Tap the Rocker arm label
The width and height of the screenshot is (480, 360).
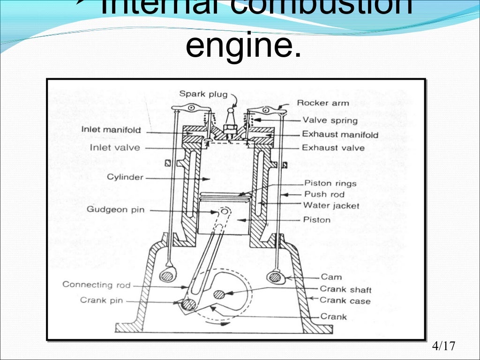coord(322,103)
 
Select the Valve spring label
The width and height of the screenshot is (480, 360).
coord(330,120)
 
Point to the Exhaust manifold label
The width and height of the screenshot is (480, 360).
coord(340,135)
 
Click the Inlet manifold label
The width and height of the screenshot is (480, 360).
coord(111,130)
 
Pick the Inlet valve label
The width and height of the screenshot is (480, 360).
coord(115,148)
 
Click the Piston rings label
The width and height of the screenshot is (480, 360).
coord(330,183)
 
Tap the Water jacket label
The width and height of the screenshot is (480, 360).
coord(331,205)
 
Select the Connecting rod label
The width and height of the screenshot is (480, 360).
coord(97,285)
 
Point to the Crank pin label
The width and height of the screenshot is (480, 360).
coord(101,300)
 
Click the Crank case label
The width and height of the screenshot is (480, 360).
coord(345,300)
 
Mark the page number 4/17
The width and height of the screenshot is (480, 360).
coord(443,346)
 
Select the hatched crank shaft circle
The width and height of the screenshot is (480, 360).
coord(218,294)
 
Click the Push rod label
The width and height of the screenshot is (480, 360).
coord(324,194)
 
